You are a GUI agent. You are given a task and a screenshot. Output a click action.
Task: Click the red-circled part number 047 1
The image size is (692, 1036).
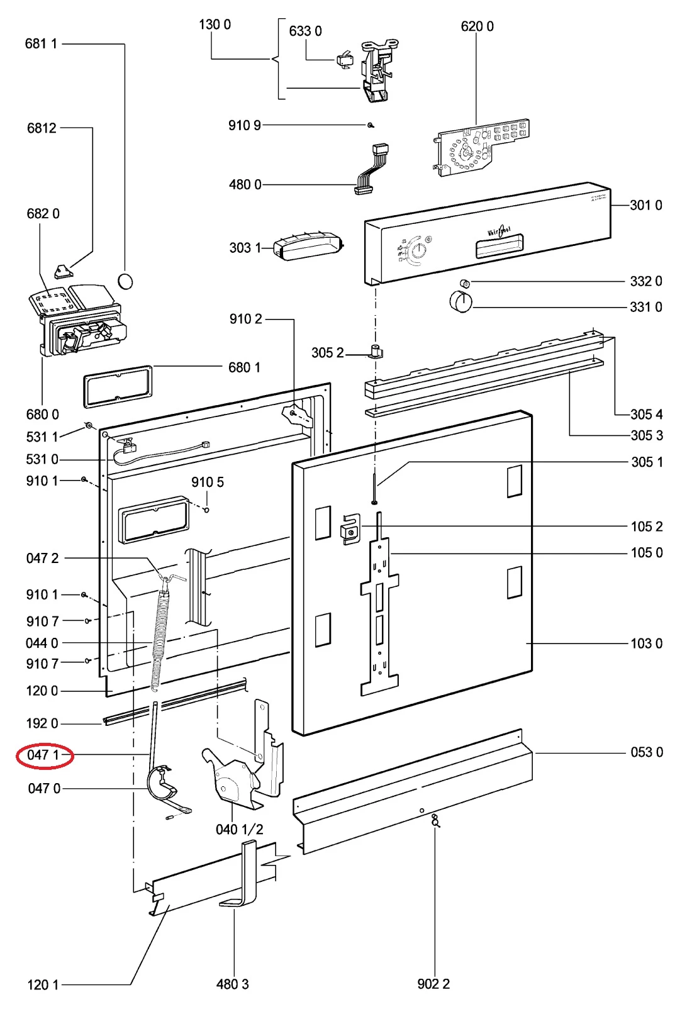(x=43, y=754)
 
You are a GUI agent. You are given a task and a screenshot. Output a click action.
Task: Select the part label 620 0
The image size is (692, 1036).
(x=477, y=26)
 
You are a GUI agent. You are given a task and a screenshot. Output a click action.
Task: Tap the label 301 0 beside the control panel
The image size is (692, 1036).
(x=645, y=205)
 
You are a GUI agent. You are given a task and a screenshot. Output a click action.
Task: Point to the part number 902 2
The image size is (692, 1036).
(x=433, y=984)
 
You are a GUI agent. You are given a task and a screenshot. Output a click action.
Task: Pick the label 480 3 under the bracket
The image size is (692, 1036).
(x=232, y=984)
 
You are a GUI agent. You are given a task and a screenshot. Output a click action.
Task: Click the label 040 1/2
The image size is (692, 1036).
(x=239, y=830)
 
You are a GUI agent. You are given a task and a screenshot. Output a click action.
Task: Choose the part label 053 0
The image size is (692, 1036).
(x=646, y=752)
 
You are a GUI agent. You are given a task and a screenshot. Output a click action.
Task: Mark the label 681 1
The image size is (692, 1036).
(x=41, y=43)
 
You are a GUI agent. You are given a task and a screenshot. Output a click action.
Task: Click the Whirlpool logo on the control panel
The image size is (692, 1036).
(x=499, y=231)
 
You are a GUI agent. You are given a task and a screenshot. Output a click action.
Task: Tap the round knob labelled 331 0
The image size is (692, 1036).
(x=460, y=301)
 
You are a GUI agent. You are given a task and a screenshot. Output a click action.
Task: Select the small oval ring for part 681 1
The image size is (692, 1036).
(x=126, y=281)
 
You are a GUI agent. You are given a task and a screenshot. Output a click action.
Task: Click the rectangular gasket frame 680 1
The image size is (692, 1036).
(x=118, y=386)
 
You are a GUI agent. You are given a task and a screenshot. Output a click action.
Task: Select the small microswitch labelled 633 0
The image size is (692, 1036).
(x=345, y=60)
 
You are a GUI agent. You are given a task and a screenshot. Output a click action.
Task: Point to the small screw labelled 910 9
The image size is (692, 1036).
(x=371, y=125)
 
